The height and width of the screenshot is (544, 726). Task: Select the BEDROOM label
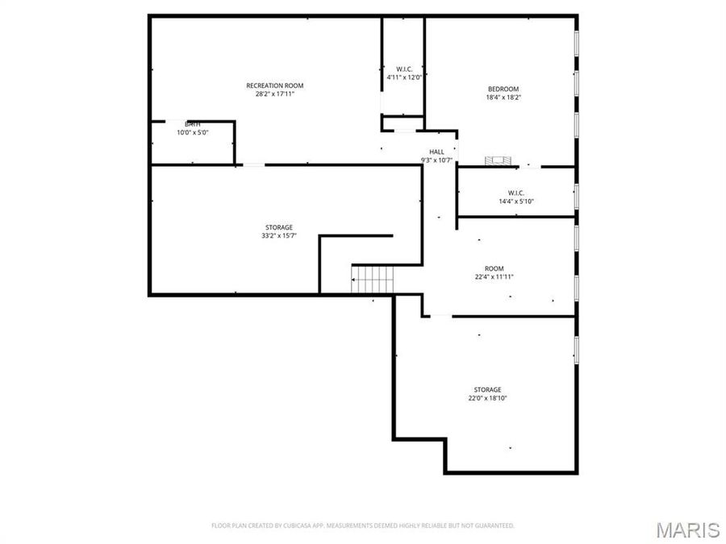503,89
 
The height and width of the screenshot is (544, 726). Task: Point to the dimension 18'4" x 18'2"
503,98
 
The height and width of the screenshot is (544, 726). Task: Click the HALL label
436,152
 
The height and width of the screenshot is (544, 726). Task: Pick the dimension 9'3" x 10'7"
436,160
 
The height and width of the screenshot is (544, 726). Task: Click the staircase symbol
372,280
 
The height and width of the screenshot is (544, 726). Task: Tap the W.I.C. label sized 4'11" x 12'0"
404,69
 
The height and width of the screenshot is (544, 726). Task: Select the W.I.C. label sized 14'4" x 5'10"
516,193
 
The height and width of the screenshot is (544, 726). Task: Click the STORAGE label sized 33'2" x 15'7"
278,227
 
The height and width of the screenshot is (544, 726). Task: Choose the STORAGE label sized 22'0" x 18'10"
487,389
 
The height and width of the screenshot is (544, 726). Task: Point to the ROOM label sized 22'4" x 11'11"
494,268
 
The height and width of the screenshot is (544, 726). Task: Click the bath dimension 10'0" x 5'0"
193,133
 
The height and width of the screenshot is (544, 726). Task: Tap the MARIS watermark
687,529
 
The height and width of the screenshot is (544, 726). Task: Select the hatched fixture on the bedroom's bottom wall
498,161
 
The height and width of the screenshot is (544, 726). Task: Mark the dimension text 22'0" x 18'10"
487,398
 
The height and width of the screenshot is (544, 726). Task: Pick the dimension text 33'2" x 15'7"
278,236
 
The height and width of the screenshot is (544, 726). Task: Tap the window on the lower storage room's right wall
576,349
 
